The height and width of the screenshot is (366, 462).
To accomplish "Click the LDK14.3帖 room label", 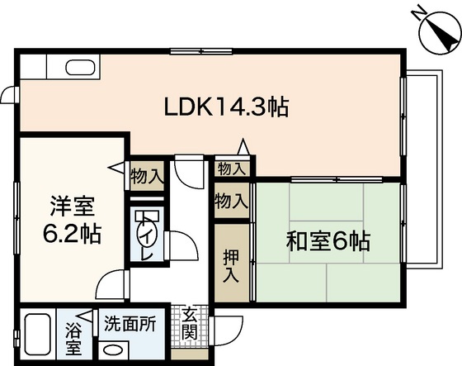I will click(x=227, y=107).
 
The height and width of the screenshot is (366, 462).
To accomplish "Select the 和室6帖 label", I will click(x=328, y=242).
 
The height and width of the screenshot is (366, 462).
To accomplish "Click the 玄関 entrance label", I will click(x=189, y=325).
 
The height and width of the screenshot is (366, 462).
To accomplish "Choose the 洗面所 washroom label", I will click(x=130, y=324).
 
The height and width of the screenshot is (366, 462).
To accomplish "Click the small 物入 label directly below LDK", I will click(x=231, y=169).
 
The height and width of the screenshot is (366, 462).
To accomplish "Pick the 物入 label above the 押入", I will click(x=231, y=201).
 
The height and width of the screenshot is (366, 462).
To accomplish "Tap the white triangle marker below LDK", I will click(x=243, y=148).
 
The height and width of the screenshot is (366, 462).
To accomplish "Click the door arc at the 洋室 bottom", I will click(x=106, y=287).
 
